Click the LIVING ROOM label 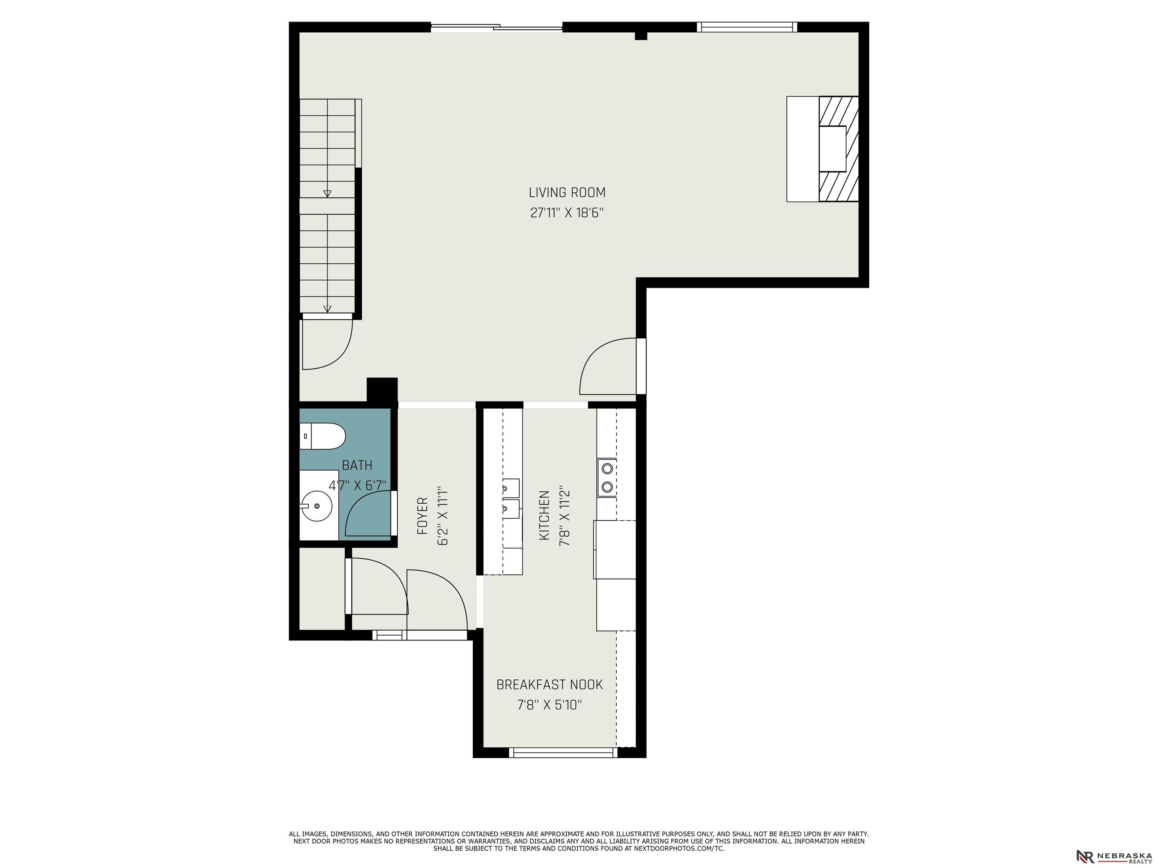567,193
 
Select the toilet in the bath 322,436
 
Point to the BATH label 357,465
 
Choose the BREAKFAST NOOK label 550,685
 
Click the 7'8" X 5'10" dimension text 550,705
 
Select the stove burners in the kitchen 607,477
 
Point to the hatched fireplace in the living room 838,149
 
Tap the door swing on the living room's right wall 608,366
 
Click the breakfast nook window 563,752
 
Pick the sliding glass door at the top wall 496,27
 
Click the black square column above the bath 382,390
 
